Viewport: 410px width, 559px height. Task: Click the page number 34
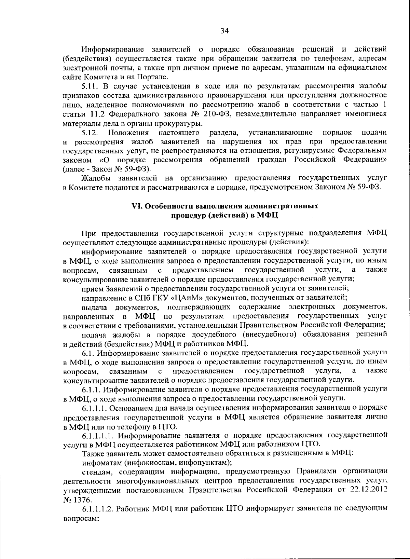tap(224, 31)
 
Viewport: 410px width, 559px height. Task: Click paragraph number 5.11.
tap(91, 85)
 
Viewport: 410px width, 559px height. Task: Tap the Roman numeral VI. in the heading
tap(137, 206)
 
